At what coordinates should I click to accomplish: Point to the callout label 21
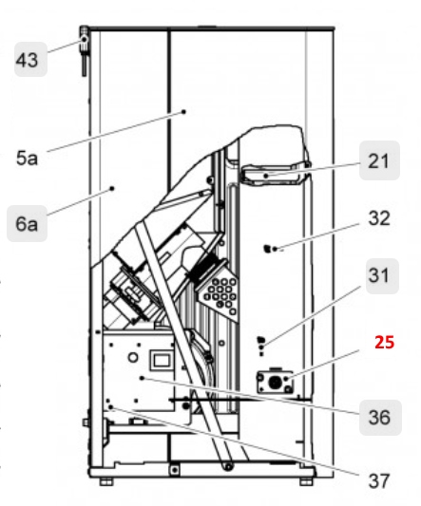378,162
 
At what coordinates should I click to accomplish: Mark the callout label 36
378,415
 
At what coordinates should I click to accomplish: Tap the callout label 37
378,480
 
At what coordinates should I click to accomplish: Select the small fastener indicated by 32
269,249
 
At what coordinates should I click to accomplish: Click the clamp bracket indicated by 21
271,175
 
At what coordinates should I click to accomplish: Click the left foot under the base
105,481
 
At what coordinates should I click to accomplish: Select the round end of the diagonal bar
229,464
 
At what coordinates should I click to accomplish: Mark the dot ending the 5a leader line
183,111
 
